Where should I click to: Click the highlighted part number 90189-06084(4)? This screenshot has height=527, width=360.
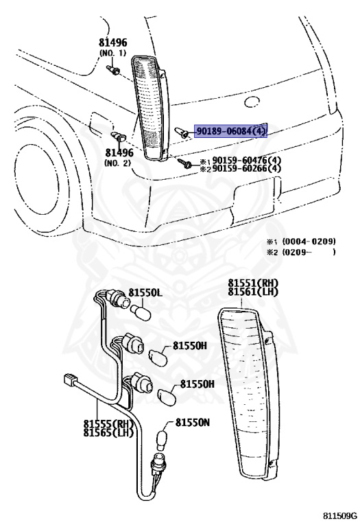click(x=231, y=131)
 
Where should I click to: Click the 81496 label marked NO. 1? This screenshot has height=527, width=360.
click(x=112, y=43)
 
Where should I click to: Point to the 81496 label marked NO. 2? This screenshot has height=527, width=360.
click(x=119, y=153)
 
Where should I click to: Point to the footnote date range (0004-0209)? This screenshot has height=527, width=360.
click(x=310, y=242)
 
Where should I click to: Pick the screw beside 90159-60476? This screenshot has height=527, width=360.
click(x=184, y=163)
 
